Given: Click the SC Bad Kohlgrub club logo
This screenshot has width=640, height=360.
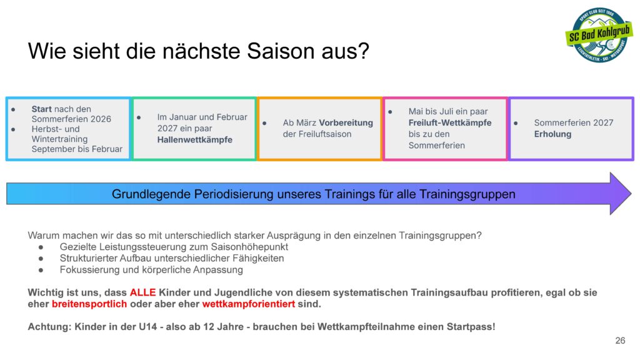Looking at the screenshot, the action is (x=599, y=35).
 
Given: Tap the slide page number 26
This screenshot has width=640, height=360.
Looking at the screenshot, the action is (x=620, y=341).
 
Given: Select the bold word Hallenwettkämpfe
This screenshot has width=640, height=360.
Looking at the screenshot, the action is (x=195, y=139).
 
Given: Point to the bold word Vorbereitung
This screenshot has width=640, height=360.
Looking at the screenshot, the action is (x=346, y=122).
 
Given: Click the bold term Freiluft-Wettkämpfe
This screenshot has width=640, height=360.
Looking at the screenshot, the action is (x=450, y=122).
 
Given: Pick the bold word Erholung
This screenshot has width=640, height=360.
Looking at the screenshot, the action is (x=552, y=134).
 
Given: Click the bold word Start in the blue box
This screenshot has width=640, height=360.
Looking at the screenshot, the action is (x=42, y=109).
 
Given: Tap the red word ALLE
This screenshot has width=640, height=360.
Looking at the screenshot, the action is (x=143, y=292).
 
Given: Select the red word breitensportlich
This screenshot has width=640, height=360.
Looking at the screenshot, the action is (x=89, y=304).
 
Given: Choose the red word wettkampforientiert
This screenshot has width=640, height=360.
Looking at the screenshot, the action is (x=249, y=304).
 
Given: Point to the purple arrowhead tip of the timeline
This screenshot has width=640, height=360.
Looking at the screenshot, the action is (x=631, y=194).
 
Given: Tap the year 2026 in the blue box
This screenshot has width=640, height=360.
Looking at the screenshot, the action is (x=101, y=119).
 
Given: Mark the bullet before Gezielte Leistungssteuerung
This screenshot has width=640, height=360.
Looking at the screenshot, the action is (x=41, y=247).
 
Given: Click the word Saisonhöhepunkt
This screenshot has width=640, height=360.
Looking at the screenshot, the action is (x=249, y=246).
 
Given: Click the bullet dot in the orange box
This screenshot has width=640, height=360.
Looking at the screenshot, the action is (x=264, y=123).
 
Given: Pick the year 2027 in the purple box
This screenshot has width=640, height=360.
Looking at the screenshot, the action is (x=603, y=122).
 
